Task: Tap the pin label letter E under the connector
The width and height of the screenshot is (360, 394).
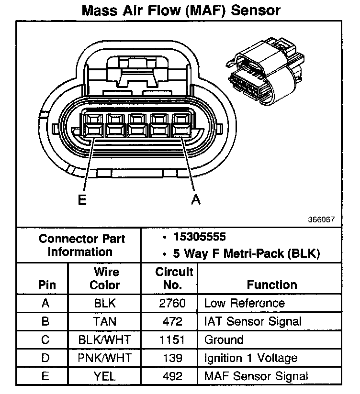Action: [x=82, y=201]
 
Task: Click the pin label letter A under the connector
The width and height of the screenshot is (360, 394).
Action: [x=195, y=201]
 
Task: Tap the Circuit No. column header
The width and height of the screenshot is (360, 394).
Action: [x=174, y=278]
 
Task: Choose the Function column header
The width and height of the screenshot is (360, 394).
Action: [x=272, y=285]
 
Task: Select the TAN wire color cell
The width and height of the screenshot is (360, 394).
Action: [x=105, y=321]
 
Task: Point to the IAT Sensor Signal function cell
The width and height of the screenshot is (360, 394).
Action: [x=252, y=321]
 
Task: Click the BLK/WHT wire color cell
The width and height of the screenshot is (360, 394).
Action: [x=105, y=340]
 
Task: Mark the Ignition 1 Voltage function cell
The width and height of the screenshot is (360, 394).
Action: [x=250, y=358]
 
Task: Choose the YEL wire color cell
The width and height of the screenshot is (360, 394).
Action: [x=105, y=376]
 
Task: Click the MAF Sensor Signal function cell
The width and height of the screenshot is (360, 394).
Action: [x=256, y=376]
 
